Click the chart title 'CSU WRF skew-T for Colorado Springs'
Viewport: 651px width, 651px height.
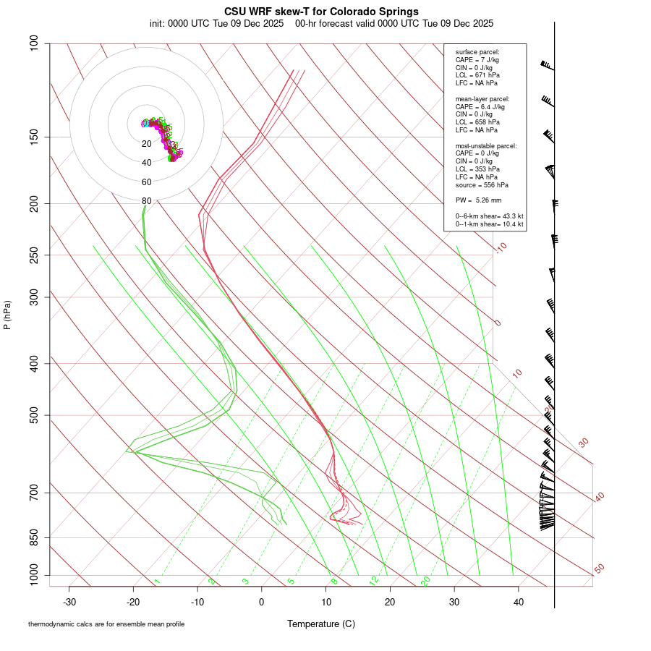(321, 12)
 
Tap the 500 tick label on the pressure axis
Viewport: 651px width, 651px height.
(35, 415)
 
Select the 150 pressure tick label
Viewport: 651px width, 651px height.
(35, 137)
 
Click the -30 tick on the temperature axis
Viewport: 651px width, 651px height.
(69, 602)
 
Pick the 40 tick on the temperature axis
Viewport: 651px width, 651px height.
(518, 602)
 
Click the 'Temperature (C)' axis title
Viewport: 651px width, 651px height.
(321, 624)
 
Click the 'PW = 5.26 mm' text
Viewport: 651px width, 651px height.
(478, 200)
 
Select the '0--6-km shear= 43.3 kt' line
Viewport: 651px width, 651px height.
(489, 216)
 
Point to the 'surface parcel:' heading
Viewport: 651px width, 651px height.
(477, 52)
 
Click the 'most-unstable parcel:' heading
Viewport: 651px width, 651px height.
(486, 145)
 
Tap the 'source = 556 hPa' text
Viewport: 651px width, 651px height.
(482, 185)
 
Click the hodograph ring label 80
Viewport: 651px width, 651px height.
(147, 201)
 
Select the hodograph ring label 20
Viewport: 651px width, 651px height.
(147, 144)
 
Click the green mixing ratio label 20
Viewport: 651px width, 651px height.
(425, 580)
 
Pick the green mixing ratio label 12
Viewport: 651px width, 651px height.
(374, 580)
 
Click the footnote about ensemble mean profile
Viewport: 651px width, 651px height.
(106, 624)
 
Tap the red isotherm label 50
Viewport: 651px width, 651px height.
(599, 569)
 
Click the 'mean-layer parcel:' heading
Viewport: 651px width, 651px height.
(482, 98)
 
